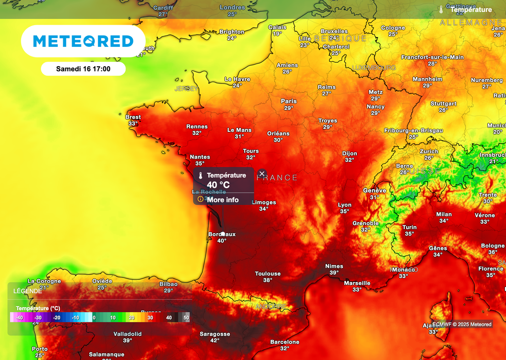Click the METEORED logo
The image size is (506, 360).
[83, 41]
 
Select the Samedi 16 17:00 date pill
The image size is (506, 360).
[83, 69]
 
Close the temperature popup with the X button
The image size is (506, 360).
[262, 174]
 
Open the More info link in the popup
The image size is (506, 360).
[222, 200]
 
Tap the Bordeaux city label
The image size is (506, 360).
[222, 234]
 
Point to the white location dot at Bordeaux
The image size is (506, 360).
[223, 234]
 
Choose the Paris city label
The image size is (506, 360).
[289, 101]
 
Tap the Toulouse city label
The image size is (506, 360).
[268, 274]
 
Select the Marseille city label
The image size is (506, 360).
[357, 283]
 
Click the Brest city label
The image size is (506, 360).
[133, 117]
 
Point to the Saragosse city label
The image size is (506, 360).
[215, 334]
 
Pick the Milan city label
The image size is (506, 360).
[444, 214]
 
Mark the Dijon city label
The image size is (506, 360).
[349, 153]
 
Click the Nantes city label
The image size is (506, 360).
[200, 157]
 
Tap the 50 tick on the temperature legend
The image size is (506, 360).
[186, 318]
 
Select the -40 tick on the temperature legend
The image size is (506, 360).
[19, 318]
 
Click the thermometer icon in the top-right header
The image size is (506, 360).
[441, 9]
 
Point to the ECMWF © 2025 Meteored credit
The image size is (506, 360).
[462, 324]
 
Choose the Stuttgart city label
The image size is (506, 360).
[443, 104]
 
